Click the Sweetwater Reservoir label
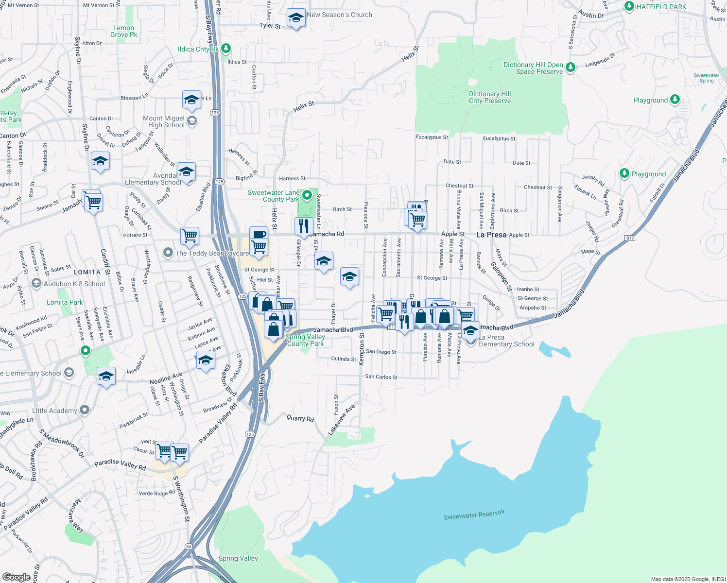474,515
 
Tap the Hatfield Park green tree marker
629,6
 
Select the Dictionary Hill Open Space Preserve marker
571,68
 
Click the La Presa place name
491,235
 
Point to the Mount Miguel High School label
163,121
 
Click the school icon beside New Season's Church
295,18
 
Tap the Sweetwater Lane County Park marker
307,195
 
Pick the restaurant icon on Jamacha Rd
303,226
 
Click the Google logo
17,577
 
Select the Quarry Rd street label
300,418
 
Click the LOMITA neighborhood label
87,272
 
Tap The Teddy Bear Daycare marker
168,253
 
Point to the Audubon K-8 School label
74,284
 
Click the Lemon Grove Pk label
124,31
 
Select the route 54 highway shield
189,547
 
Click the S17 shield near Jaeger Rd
630,238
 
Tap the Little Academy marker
85,410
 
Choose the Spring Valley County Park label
305,340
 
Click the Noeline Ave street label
166,378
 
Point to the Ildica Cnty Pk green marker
225,49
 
